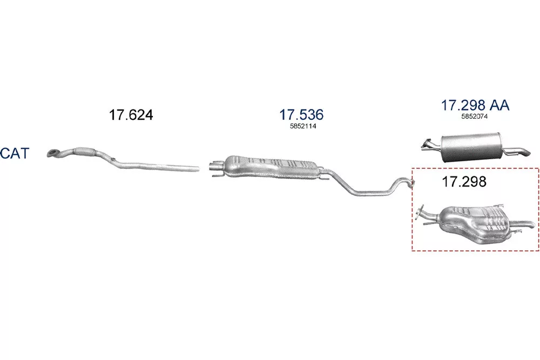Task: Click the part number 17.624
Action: pyautogui.click(x=131, y=114)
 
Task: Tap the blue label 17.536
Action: pyautogui.click(x=301, y=114)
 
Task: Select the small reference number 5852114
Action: pyautogui.click(x=303, y=126)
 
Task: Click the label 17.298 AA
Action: pyautogui.click(x=475, y=105)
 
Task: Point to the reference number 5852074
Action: pyautogui.click(x=475, y=117)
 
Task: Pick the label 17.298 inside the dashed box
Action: pyautogui.click(x=464, y=181)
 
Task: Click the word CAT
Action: pyautogui.click(x=15, y=153)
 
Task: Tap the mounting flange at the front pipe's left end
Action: pyautogui.click(x=53, y=153)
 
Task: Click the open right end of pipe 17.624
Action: pyautogui.click(x=197, y=168)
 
